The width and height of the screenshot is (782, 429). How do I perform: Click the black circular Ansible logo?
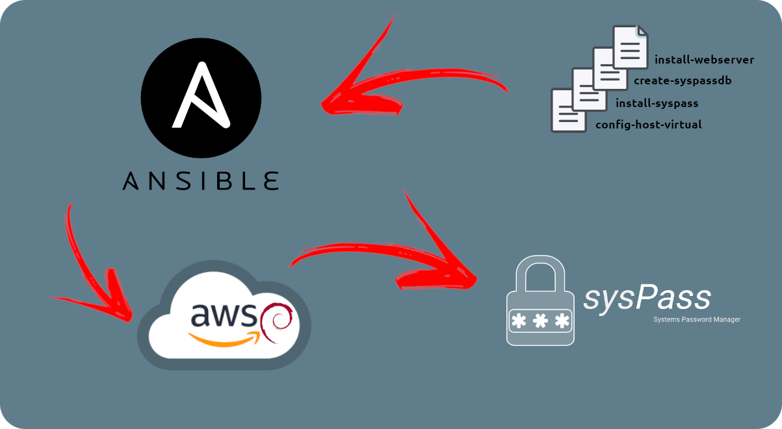click(x=201, y=98)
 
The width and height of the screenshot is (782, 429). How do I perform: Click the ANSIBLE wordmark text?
click(x=201, y=180)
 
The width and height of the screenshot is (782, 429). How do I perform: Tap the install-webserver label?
click(x=704, y=60)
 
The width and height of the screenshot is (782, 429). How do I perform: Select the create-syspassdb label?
click(x=683, y=81)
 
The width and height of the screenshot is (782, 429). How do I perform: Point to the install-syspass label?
click(x=657, y=103)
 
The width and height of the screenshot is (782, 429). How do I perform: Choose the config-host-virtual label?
click(x=648, y=125)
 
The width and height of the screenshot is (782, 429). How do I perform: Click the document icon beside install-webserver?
click(x=631, y=47)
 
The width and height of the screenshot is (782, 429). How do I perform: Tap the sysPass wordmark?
click(x=647, y=299)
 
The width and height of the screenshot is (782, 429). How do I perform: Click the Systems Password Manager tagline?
click(x=697, y=319)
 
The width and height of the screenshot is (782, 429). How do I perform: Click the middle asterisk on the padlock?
click(x=540, y=321)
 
